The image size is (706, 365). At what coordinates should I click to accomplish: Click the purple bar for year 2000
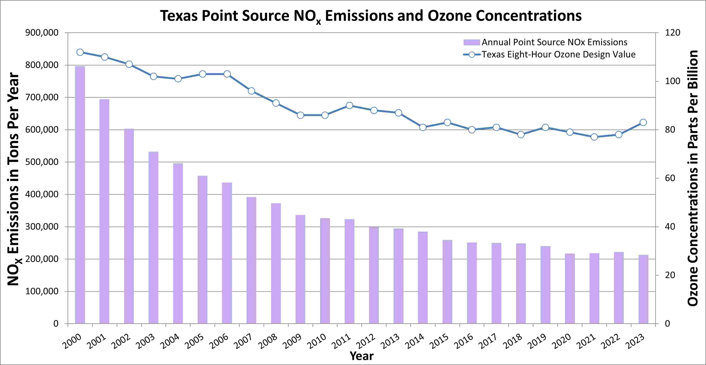point(80,195)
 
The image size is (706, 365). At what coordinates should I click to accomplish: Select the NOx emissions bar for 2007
point(251,260)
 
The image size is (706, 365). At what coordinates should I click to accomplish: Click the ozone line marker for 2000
point(80,52)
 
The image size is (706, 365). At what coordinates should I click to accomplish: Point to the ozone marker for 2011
point(349,105)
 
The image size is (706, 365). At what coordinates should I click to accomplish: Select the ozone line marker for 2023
point(643,122)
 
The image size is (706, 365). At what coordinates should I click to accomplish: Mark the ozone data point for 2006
point(227,74)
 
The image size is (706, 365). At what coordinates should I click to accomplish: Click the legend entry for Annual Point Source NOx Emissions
point(554,42)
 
